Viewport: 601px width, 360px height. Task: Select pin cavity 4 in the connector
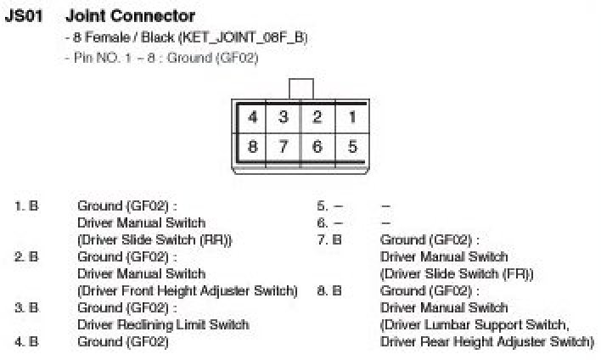(252, 117)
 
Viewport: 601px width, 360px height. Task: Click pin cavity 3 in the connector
(284, 117)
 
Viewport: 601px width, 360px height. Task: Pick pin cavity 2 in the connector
(317, 117)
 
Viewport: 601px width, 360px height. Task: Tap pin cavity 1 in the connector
(351, 117)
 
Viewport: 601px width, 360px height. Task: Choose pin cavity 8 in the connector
(252, 147)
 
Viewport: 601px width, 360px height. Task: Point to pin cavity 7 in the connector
(284, 147)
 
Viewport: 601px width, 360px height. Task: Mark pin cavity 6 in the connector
(317, 147)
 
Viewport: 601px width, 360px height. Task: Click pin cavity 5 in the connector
(351, 147)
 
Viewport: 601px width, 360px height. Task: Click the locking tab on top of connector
(300, 89)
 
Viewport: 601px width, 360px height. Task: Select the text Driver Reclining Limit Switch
(163, 324)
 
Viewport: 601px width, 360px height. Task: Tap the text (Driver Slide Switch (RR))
(154, 239)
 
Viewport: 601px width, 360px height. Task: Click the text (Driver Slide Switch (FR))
(457, 273)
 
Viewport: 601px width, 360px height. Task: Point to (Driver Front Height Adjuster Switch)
(188, 290)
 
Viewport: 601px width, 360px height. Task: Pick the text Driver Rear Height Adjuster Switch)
(487, 341)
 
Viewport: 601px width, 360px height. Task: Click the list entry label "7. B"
(329, 239)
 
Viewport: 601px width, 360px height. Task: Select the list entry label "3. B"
(26, 307)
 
